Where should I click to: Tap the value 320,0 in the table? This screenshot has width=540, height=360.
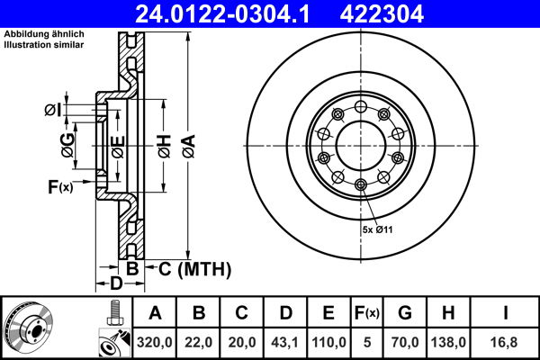coord(156,342)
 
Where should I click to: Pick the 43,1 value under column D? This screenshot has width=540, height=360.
coord(285,342)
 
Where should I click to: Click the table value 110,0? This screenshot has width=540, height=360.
coord(328,342)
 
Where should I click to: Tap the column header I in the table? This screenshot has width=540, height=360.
coord(508,313)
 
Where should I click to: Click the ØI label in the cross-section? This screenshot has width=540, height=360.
coord(51,110)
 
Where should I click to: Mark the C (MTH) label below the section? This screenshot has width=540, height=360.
coord(194,268)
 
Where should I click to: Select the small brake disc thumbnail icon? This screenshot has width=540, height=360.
coord(29,328)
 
